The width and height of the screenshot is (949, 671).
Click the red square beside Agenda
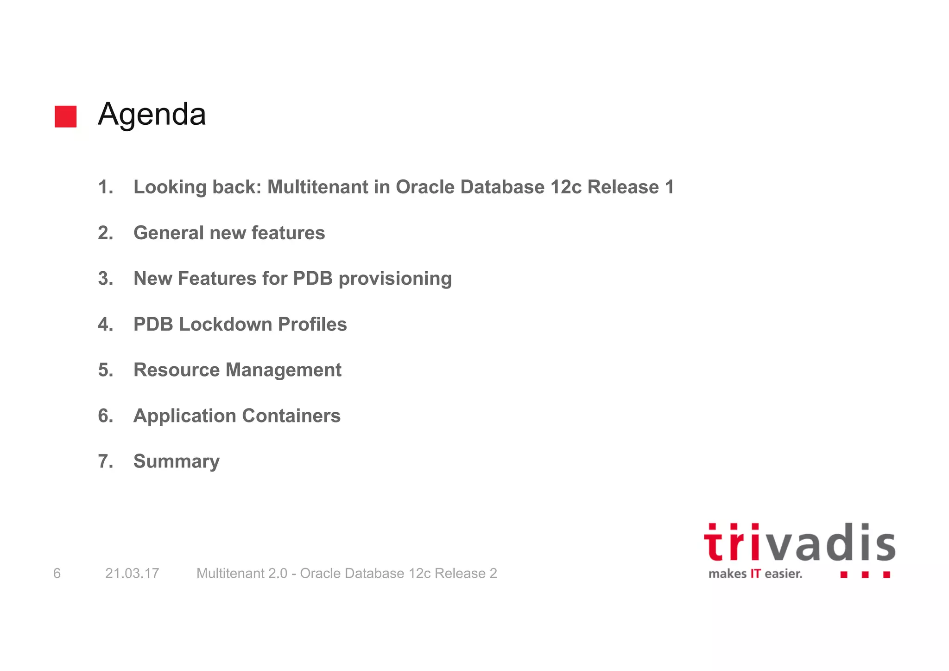click(x=65, y=116)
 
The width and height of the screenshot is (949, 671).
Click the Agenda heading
click(x=152, y=114)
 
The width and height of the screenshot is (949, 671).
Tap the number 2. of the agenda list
click(x=106, y=233)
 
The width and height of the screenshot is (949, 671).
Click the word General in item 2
click(x=168, y=233)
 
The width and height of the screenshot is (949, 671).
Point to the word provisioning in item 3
click(x=395, y=279)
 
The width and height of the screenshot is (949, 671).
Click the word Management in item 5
click(x=283, y=370)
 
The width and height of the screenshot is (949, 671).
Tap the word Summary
click(x=177, y=461)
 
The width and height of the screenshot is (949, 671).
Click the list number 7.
click(x=106, y=461)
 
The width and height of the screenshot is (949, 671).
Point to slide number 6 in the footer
click(x=57, y=574)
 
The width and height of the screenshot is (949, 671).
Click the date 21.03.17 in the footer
click(x=132, y=574)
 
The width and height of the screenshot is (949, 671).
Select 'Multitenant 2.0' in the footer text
click(x=242, y=574)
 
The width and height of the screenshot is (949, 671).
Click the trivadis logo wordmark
click(x=799, y=543)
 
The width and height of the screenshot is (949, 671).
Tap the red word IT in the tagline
click(x=755, y=574)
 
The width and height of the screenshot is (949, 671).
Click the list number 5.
click(x=106, y=370)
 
